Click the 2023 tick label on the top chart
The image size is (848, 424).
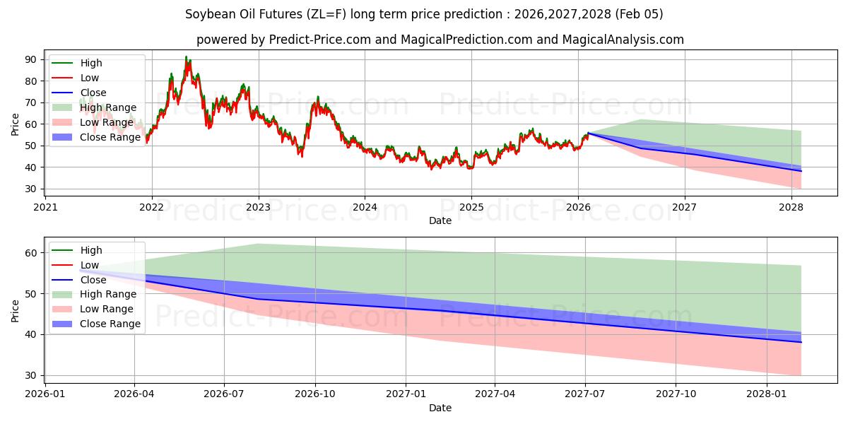pos(258,207)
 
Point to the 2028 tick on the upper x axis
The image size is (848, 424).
pos(791,207)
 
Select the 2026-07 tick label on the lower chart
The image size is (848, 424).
pos(224,394)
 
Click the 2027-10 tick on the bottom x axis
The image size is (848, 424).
pos(676,394)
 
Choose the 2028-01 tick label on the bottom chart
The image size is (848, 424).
pos(766,394)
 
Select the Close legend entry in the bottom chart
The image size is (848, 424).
pos(93,280)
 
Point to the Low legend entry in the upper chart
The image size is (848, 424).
pos(90,78)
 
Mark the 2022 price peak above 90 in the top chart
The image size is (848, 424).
pos(187,57)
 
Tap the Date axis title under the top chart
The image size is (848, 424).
pos(440,220)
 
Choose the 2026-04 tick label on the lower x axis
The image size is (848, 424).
pos(134,394)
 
